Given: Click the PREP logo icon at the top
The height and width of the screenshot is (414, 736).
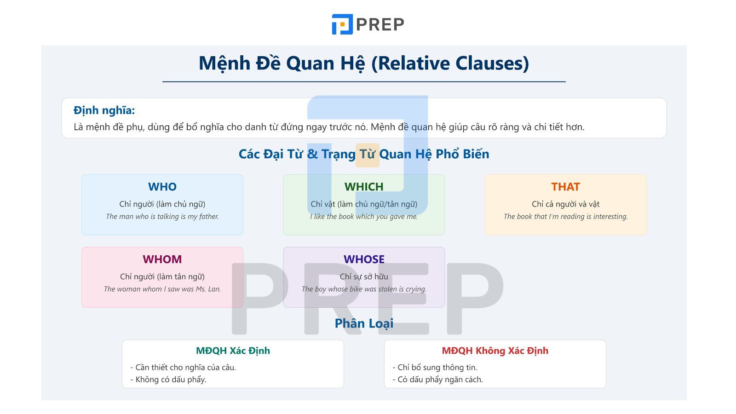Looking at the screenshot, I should pyautogui.click(x=342, y=24).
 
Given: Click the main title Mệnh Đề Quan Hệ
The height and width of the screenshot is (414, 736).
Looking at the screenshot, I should pyautogui.click(x=363, y=63).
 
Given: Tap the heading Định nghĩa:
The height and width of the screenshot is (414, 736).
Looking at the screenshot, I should pyautogui.click(x=104, y=110).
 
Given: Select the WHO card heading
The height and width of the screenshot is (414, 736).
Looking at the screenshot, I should pyautogui.click(x=162, y=187).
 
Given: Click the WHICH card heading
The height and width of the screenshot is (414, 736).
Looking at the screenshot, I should pyautogui.click(x=363, y=187).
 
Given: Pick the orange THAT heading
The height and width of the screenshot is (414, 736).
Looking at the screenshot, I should pyautogui.click(x=565, y=187).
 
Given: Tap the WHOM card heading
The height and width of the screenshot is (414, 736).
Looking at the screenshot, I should pyautogui.click(x=162, y=259).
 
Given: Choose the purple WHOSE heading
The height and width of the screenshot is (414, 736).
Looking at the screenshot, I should pyautogui.click(x=363, y=259).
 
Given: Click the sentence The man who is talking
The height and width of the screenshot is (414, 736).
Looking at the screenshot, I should pyautogui.click(x=162, y=217).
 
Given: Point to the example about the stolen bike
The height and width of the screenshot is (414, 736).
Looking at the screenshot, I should pyautogui.click(x=363, y=289).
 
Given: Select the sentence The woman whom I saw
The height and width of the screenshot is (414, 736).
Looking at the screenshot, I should pyautogui.click(x=162, y=289).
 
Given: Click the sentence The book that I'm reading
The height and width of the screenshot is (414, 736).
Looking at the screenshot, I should pyautogui.click(x=565, y=217).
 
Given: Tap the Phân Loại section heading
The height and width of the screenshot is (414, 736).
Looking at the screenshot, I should pyautogui.click(x=363, y=323).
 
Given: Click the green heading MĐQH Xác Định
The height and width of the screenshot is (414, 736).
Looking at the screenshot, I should pyautogui.click(x=233, y=351).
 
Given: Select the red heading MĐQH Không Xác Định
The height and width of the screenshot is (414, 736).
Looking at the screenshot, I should pyautogui.click(x=494, y=351).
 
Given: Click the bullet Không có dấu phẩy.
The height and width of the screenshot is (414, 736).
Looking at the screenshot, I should pyautogui.click(x=168, y=379).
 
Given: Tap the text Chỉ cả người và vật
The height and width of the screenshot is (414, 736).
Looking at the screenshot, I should pyautogui.click(x=565, y=204).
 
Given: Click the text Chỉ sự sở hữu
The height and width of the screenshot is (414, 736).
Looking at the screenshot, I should pyautogui.click(x=363, y=277).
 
